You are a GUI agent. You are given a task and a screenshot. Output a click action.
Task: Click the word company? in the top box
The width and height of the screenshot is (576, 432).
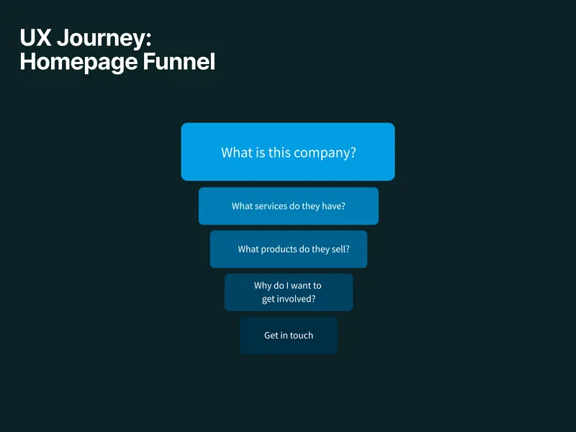tap(323, 153)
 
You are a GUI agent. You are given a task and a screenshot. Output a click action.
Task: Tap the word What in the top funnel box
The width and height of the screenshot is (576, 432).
tap(236, 153)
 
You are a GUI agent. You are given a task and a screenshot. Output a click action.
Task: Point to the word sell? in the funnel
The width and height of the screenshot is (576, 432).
tap(340, 249)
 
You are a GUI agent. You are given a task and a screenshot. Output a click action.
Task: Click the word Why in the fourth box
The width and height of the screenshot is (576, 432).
tap(263, 286)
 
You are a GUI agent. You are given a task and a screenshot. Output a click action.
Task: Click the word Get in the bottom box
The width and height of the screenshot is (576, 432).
tap(271, 336)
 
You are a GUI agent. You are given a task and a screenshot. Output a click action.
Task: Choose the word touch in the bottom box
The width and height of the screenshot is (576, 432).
tap(302, 336)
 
